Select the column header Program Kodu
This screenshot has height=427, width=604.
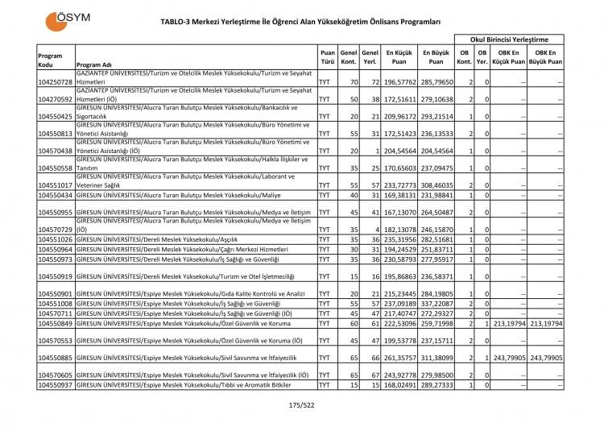[x=51, y=59]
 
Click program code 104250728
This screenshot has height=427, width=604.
[x=55, y=82]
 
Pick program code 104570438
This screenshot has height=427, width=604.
[x=55, y=151]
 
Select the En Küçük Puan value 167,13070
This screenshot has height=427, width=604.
[x=399, y=213]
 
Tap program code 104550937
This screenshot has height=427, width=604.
[x=55, y=385]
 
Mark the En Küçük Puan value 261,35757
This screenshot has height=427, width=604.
[x=399, y=357]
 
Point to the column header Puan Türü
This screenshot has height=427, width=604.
[x=328, y=55]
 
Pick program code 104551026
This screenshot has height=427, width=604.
[x=55, y=240]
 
